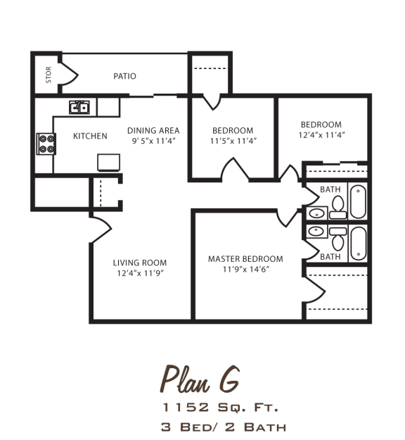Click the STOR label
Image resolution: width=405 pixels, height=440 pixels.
(49, 76)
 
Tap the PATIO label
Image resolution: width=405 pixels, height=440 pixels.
(125, 76)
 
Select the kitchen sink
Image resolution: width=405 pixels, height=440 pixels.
(79, 107)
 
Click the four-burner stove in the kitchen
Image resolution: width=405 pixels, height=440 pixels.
(46, 144)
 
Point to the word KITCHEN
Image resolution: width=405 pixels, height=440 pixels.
(91, 136)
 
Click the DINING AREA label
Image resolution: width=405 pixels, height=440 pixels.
(153, 130)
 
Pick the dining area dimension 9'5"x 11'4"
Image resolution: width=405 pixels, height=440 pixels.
(153, 141)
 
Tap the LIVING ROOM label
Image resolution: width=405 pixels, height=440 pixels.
(140, 263)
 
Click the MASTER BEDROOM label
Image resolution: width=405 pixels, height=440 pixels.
(245, 258)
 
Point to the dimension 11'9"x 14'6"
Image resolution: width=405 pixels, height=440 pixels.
(245, 269)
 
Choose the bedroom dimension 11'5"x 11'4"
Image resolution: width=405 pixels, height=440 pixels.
(233, 141)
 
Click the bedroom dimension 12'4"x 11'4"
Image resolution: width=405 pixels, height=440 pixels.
(321, 134)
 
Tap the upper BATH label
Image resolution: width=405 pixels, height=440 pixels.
(330, 189)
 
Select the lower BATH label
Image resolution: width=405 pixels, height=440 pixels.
(330, 257)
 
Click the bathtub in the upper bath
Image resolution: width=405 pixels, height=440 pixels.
(358, 201)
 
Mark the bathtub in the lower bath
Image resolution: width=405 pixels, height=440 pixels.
(358, 244)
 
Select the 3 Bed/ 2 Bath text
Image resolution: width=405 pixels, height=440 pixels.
(223, 427)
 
